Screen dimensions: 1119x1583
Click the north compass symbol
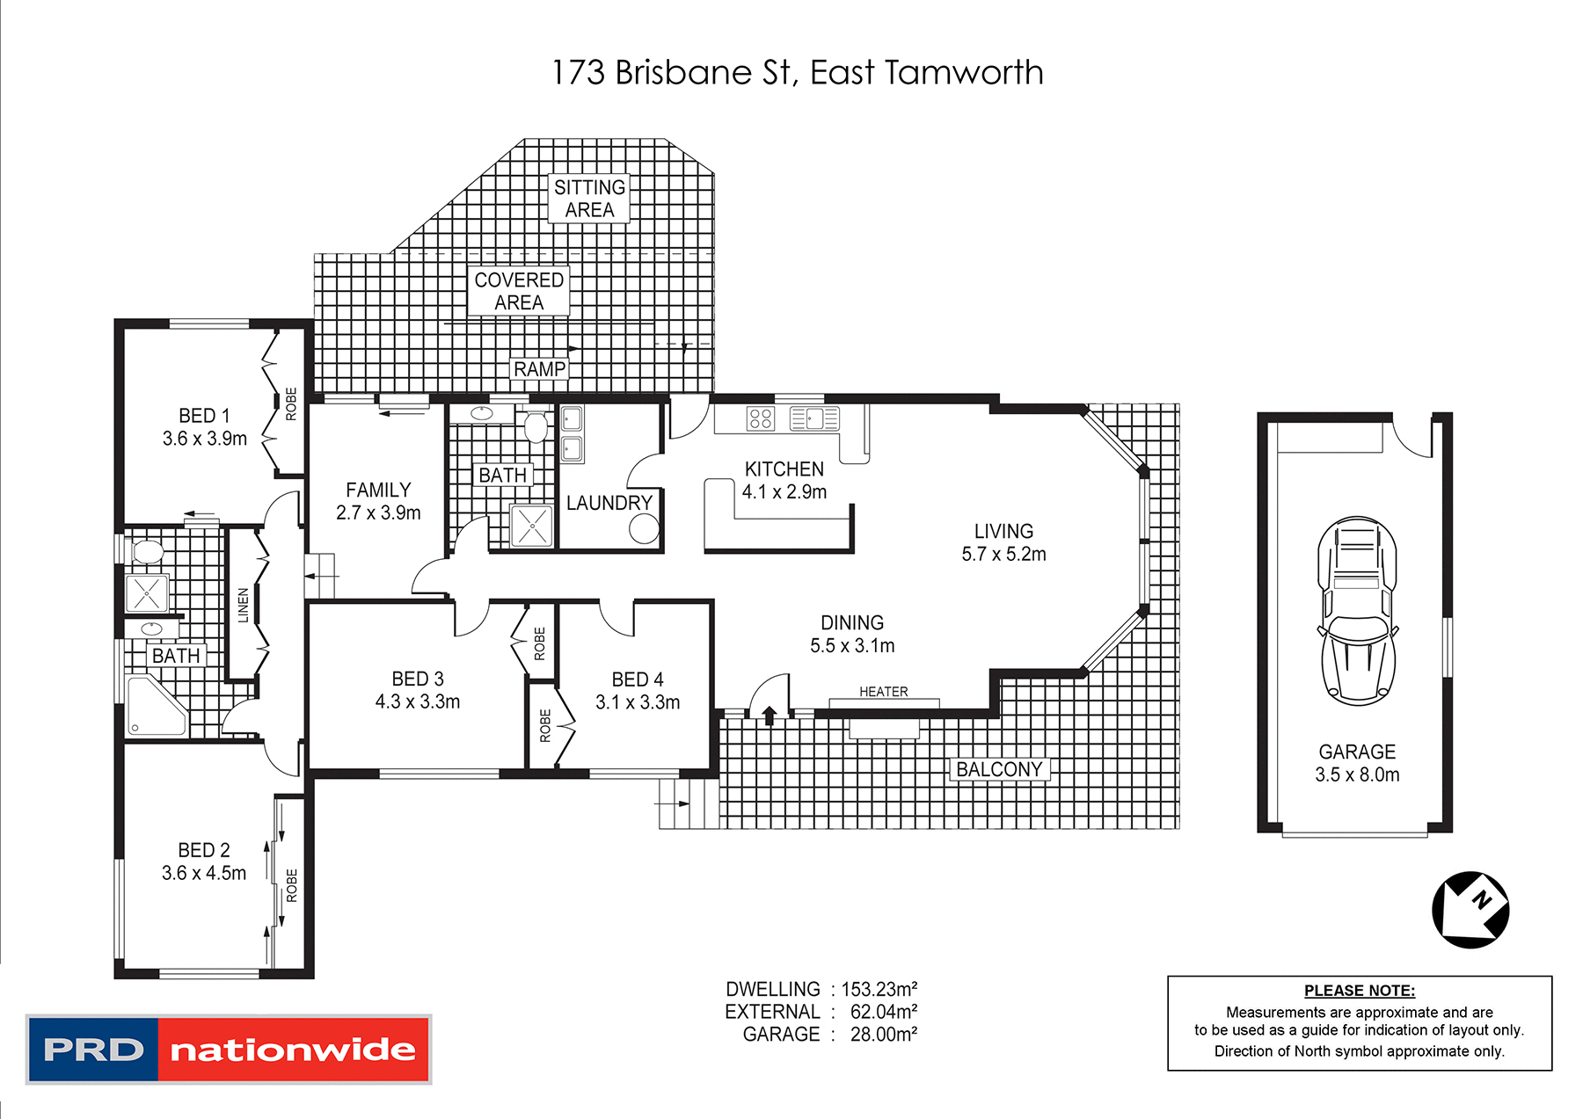coord(1470,910)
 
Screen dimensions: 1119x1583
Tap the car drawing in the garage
coord(1357,611)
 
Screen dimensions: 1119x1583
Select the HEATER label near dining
coord(883,692)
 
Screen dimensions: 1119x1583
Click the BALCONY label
coord(999,769)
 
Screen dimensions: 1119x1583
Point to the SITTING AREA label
coord(589,199)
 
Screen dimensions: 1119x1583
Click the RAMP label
coord(539,369)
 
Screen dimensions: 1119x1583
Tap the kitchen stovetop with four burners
coord(760,418)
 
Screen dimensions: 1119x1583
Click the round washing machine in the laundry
coord(644,528)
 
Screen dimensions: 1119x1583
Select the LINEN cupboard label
coord(244,605)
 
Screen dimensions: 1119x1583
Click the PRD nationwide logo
coord(229,1049)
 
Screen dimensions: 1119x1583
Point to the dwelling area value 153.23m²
coord(879,989)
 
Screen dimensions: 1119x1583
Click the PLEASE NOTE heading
coord(1359,991)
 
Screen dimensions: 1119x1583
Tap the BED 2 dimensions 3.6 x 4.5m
coord(204,873)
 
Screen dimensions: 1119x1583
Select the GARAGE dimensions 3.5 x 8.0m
coord(1357,774)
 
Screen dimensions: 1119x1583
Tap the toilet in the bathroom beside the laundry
coord(535,427)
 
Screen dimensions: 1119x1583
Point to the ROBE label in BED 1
coord(291,403)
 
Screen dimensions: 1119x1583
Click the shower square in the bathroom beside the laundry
coord(531,526)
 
